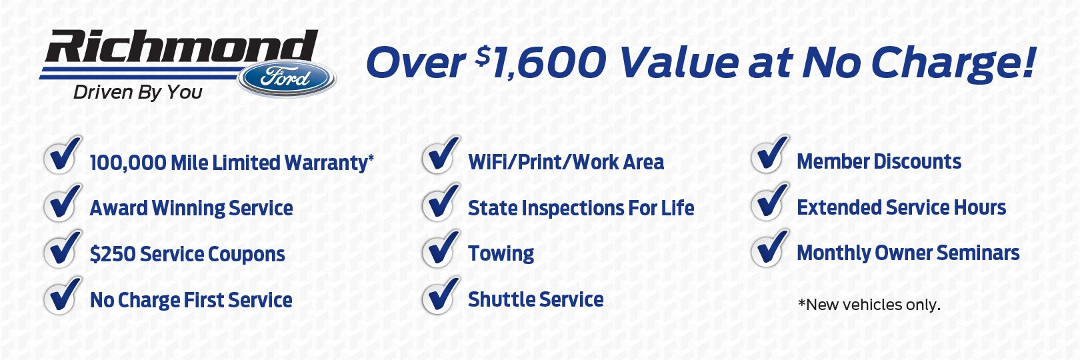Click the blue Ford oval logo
287,78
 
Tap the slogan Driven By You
138,93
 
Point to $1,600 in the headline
541,62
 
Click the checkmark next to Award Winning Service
62,201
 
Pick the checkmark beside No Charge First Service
62,295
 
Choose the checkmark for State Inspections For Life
441,201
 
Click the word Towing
501,254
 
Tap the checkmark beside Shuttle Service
441,295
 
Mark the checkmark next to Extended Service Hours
770,201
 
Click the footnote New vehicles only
869,305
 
